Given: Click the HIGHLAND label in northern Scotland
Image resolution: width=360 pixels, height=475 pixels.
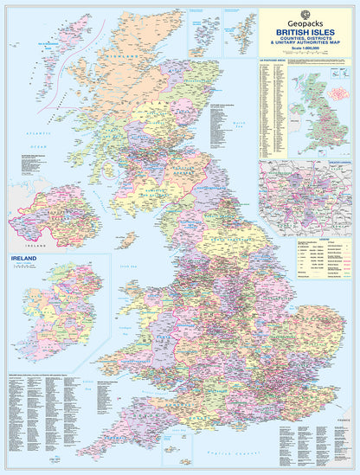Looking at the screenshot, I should (121, 59).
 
